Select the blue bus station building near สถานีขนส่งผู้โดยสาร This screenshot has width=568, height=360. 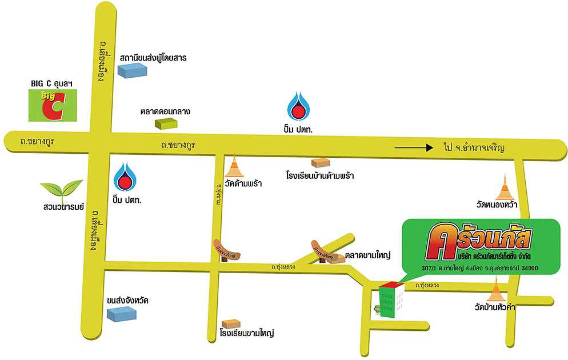point(132,70)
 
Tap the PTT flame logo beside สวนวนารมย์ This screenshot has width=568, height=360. point(125,177)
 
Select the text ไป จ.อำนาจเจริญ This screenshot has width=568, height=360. point(475,147)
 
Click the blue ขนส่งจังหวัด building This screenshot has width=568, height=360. point(122,313)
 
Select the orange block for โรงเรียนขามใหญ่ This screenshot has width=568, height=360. point(231,323)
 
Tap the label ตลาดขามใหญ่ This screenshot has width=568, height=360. point(367,255)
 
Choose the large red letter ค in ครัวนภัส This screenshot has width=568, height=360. point(442,240)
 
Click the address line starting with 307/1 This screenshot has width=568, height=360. point(479,269)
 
